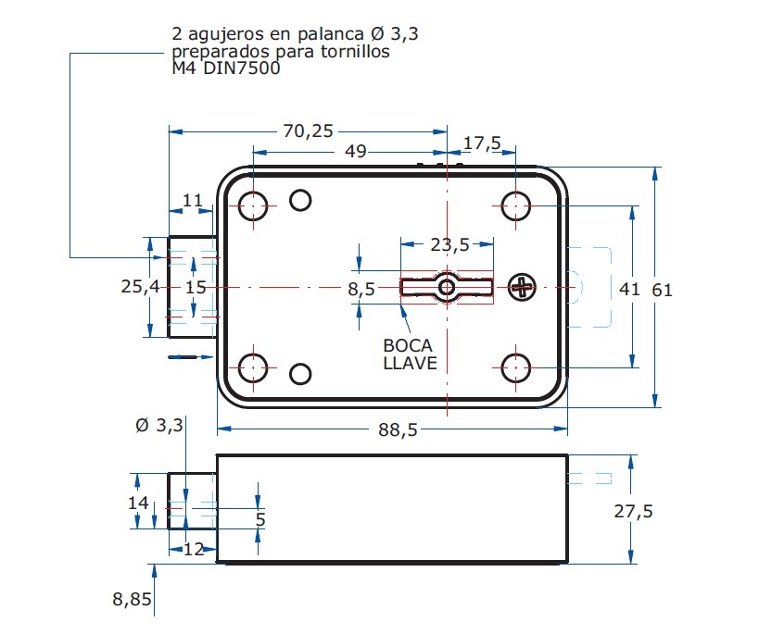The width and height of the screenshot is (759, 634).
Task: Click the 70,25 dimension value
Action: [x=308, y=131]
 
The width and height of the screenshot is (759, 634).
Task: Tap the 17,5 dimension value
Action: [x=482, y=143]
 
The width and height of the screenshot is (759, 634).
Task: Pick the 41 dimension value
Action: [x=629, y=290]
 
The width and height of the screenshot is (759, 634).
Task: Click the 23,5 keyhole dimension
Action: [x=449, y=244]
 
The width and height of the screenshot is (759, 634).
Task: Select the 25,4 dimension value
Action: [x=141, y=288]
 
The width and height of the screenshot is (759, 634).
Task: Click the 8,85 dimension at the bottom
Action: [x=132, y=600]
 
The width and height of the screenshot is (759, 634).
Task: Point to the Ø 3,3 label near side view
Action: [x=159, y=426]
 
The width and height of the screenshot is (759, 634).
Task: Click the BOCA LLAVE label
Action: [x=410, y=354]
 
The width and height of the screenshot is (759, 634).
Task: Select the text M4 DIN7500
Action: [x=226, y=68]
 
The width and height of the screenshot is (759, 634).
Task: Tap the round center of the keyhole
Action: [x=447, y=288]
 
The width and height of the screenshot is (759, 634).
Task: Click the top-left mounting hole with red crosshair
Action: [x=254, y=206]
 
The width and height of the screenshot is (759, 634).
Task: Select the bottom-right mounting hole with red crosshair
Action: [x=515, y=368]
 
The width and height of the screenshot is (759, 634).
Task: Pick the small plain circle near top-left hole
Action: [x=300, y=200]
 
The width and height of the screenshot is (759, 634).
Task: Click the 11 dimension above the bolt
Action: [x=192, y=201]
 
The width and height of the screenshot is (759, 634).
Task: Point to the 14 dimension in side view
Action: [x=138, y=503]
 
